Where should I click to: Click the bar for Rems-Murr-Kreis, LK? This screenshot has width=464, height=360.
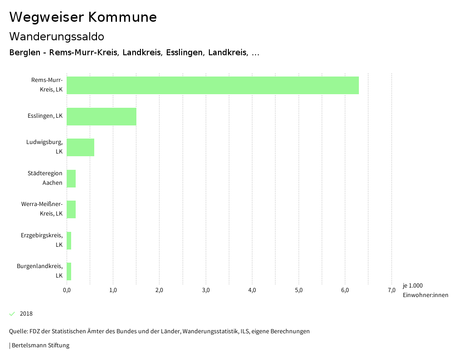click(x=213, y=85)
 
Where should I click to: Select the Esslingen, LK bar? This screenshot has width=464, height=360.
click(x=101, y=116)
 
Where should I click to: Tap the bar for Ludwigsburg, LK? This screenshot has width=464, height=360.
click(x=81, y=147)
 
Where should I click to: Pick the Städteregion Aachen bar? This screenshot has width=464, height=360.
click(x=71, y=178)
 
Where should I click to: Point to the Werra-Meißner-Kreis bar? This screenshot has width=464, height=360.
click(x=71, y=209)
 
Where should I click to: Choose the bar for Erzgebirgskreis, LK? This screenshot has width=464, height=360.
click(x=69, y=240)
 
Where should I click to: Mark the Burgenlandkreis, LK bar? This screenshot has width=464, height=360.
click(x=69, y=271)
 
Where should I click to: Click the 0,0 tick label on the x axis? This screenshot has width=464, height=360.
click(x=67, y=290)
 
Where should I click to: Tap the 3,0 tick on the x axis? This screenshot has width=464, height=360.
click(x=206, y=290)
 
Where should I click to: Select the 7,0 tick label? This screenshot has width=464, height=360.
click(x=391, y=290)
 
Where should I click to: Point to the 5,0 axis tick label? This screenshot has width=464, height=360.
click(x=299, y=290)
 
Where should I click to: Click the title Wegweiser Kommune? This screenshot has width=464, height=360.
click(x=83, y=17)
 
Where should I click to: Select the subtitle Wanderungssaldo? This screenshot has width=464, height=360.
click(x=57, y=36)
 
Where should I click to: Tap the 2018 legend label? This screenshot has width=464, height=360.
click(x=26, y=314)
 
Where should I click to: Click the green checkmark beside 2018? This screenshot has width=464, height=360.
click(x=12, y=314)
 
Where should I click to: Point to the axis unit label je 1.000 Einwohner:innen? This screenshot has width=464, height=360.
click(x=425, y=290)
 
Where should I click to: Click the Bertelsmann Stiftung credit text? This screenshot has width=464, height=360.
click(x=40, y=346)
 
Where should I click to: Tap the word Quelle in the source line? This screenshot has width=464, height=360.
click(x=18, y=331)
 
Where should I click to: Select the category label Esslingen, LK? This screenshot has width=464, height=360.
click(x=45, y=116)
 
